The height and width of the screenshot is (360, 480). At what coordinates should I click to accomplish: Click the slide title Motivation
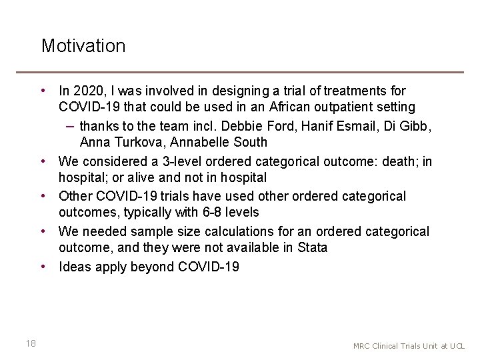pyautogui.click(x=83, y=46)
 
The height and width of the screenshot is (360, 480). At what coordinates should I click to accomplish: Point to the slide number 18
pyautogui.click(x=30, y=343)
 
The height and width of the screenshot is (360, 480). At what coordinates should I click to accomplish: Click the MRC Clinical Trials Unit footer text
pyautogui.click(x=409, y=346)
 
